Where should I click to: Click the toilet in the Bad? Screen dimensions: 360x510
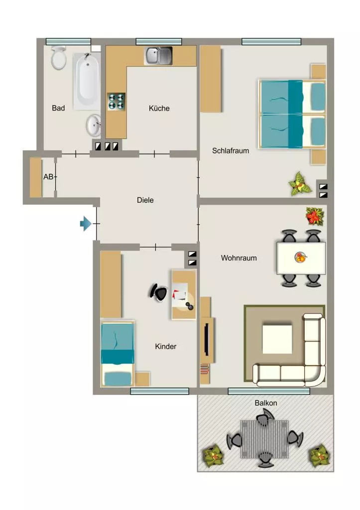59,58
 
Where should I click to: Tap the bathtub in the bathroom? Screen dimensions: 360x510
87,81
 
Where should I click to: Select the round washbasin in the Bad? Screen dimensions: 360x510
93,125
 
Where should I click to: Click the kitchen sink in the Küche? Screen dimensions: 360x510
158,56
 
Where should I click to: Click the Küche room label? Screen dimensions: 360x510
159,108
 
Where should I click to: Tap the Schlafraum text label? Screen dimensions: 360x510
230,150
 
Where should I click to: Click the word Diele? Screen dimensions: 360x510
145,200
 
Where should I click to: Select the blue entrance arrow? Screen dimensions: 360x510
86,224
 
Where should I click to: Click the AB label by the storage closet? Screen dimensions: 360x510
48,177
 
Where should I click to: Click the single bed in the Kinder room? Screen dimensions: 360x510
118,354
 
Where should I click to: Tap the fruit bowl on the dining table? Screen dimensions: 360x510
300,257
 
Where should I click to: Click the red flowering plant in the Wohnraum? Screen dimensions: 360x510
315,216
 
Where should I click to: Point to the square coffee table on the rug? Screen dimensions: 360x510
277,339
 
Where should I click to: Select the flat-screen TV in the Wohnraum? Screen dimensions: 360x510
206,339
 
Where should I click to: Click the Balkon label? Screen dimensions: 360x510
266,403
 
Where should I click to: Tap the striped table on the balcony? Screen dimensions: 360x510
264,439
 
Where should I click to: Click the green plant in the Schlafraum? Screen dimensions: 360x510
299,184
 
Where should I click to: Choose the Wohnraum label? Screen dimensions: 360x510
239,258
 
